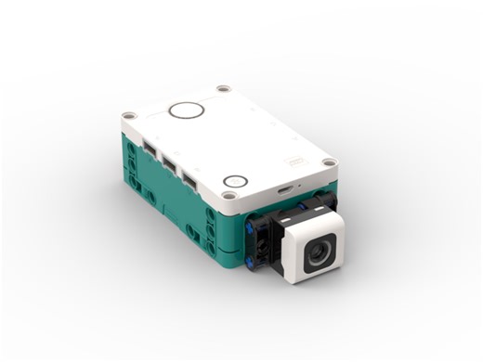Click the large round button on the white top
click(x=186, y=110)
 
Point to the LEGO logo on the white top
click(x=296, y=160)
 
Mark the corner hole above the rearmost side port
click(x=128, y=116)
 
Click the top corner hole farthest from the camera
click(x=223, y=89)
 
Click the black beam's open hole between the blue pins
click(x=261, y=243)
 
